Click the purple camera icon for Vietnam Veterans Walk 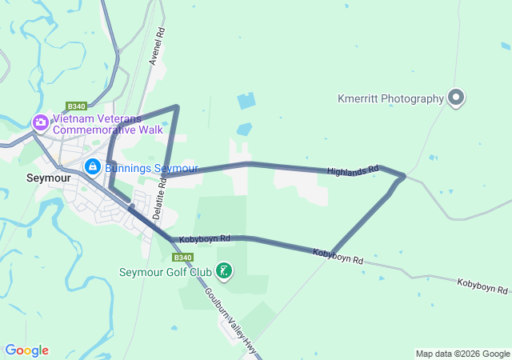pos(40,122)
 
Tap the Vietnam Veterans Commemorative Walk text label pos(108,124)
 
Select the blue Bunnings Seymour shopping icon pos(93,167)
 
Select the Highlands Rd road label pos(352,171)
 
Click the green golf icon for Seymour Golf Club pos(225,271)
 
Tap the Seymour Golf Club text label pos(166,272)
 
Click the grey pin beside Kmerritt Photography pos(457,98)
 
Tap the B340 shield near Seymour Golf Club pos(182,258)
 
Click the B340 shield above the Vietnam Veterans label pos(76,106)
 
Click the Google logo pos(26,350)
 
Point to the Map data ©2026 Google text pos(462,354)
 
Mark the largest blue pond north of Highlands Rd pos(246,102)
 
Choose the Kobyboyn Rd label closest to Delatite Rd pos(205,238)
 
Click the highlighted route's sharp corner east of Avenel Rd pos(177,106)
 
